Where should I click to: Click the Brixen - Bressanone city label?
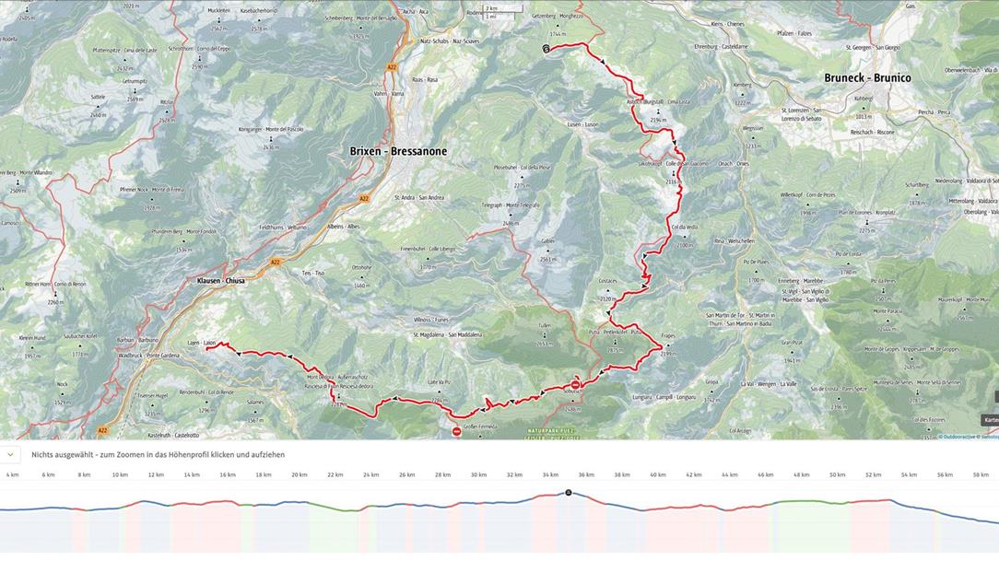pos(398,151)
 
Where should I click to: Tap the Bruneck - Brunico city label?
pos(867,78)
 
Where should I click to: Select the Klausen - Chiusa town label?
pos(220,280)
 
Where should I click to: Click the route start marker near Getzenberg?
pos(546,49)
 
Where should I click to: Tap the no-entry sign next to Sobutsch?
pos(576,384)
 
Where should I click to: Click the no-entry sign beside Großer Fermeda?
pos(456,431)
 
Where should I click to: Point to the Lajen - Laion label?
pos(201,343)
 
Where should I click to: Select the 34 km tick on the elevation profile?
pos(550,475)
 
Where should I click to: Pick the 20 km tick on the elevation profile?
pos(299,475)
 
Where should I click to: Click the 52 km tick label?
pos(873,475)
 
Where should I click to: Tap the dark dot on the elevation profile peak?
pos(569,493)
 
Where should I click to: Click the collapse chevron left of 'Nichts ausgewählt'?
pos(10,454)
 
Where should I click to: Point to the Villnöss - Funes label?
pos(429,320)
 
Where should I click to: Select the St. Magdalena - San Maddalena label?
pos(448,334)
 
